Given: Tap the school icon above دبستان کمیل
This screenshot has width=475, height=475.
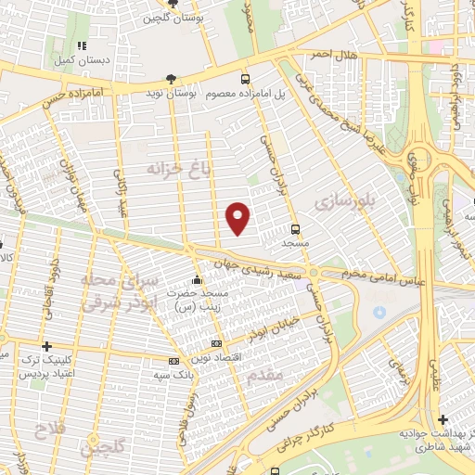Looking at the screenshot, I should pos(82,45).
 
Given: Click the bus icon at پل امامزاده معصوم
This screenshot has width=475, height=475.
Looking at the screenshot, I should pos(245,80).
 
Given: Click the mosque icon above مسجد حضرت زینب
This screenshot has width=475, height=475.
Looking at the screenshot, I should pos(196,279).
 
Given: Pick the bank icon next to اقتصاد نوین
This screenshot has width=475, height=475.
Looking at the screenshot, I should pos(217,343).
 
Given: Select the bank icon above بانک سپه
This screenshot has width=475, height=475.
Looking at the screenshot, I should pos(174,361).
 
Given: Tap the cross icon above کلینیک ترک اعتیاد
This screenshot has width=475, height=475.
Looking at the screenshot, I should pos(45,346).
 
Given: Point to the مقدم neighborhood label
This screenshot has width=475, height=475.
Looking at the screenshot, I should pos(266,375).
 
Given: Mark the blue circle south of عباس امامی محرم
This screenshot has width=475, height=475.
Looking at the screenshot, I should pos(379,311).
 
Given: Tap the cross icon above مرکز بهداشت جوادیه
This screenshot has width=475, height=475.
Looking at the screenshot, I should pos(443,419).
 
